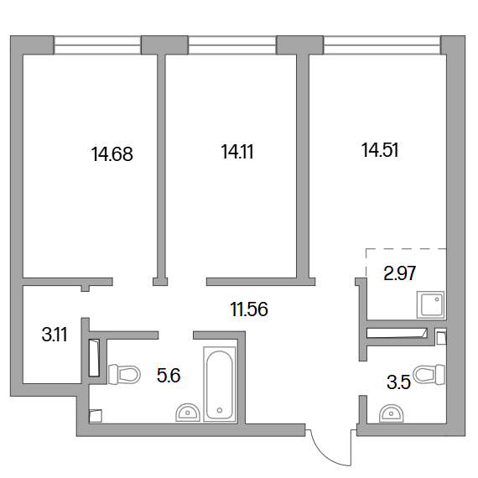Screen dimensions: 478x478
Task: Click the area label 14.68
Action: [x=112, y=154]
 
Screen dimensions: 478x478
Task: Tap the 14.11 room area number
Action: [x=237, y=152]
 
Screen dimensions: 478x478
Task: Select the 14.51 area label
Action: [x=380, y=150]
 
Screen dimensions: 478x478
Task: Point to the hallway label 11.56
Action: [x=249, y=309]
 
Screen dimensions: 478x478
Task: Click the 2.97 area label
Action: [x=400, y=273]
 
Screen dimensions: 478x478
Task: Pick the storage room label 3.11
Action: [x=55, y=335]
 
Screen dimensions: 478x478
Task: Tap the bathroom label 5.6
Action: [x=169, y=375]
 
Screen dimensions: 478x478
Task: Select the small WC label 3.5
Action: [x=398, y=382]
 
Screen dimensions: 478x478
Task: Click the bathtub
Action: [x=220, y=384]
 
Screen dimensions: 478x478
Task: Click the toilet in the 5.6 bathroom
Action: [x=124, y=374]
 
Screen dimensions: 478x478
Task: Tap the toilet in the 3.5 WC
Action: [x=429, y=374]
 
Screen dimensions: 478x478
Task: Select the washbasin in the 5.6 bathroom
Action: [x=188, y=413]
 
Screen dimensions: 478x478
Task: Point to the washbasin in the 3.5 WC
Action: [x=391, y=413]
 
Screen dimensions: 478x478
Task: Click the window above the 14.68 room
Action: [x=97, y=45]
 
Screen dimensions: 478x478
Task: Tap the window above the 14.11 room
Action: [x=232, y=45]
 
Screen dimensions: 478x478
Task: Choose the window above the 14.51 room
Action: [x=382, y=45]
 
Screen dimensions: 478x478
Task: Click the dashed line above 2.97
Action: [x=406, y=249]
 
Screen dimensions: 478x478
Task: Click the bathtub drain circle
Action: [x=220, y=410]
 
